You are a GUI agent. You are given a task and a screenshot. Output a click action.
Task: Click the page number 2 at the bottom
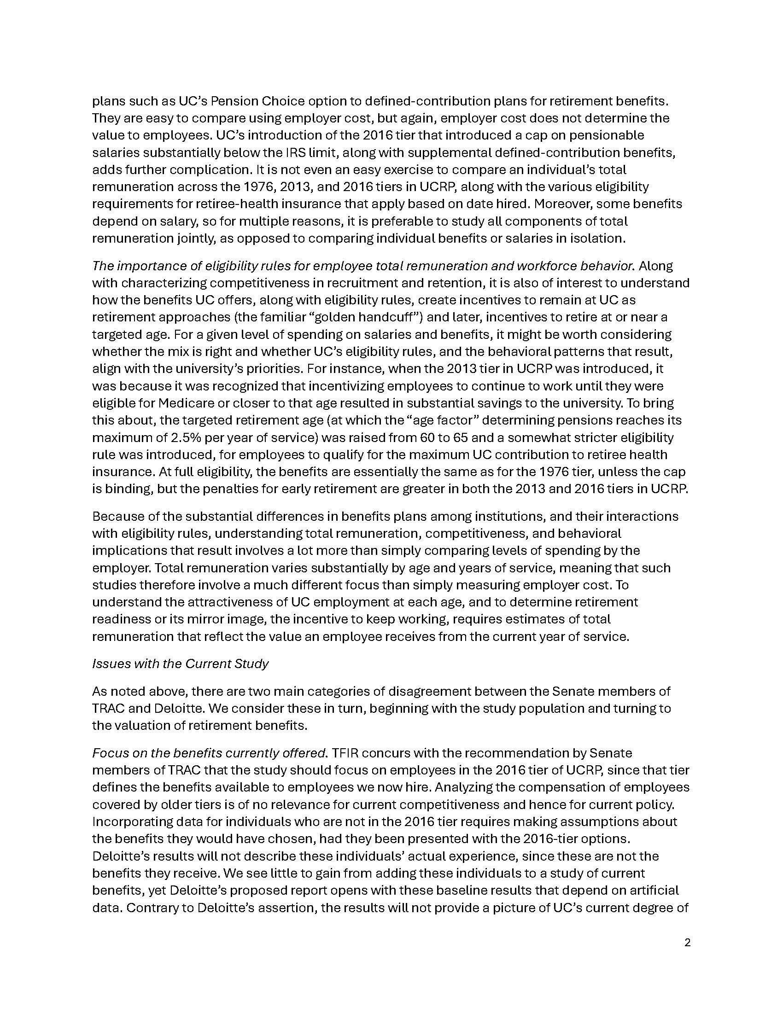[687, 943]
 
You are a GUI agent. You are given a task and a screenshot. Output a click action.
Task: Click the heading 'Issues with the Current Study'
[181, 664]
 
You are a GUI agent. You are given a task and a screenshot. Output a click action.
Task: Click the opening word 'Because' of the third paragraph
[113, 516]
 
